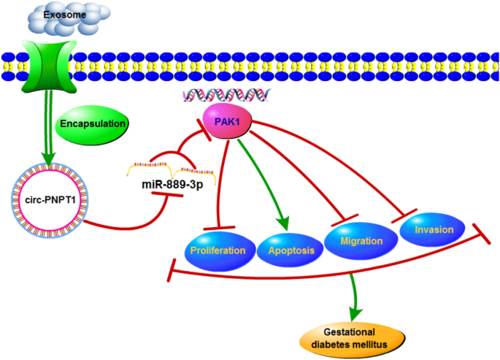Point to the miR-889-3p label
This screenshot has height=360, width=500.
(x=172, y=185)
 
